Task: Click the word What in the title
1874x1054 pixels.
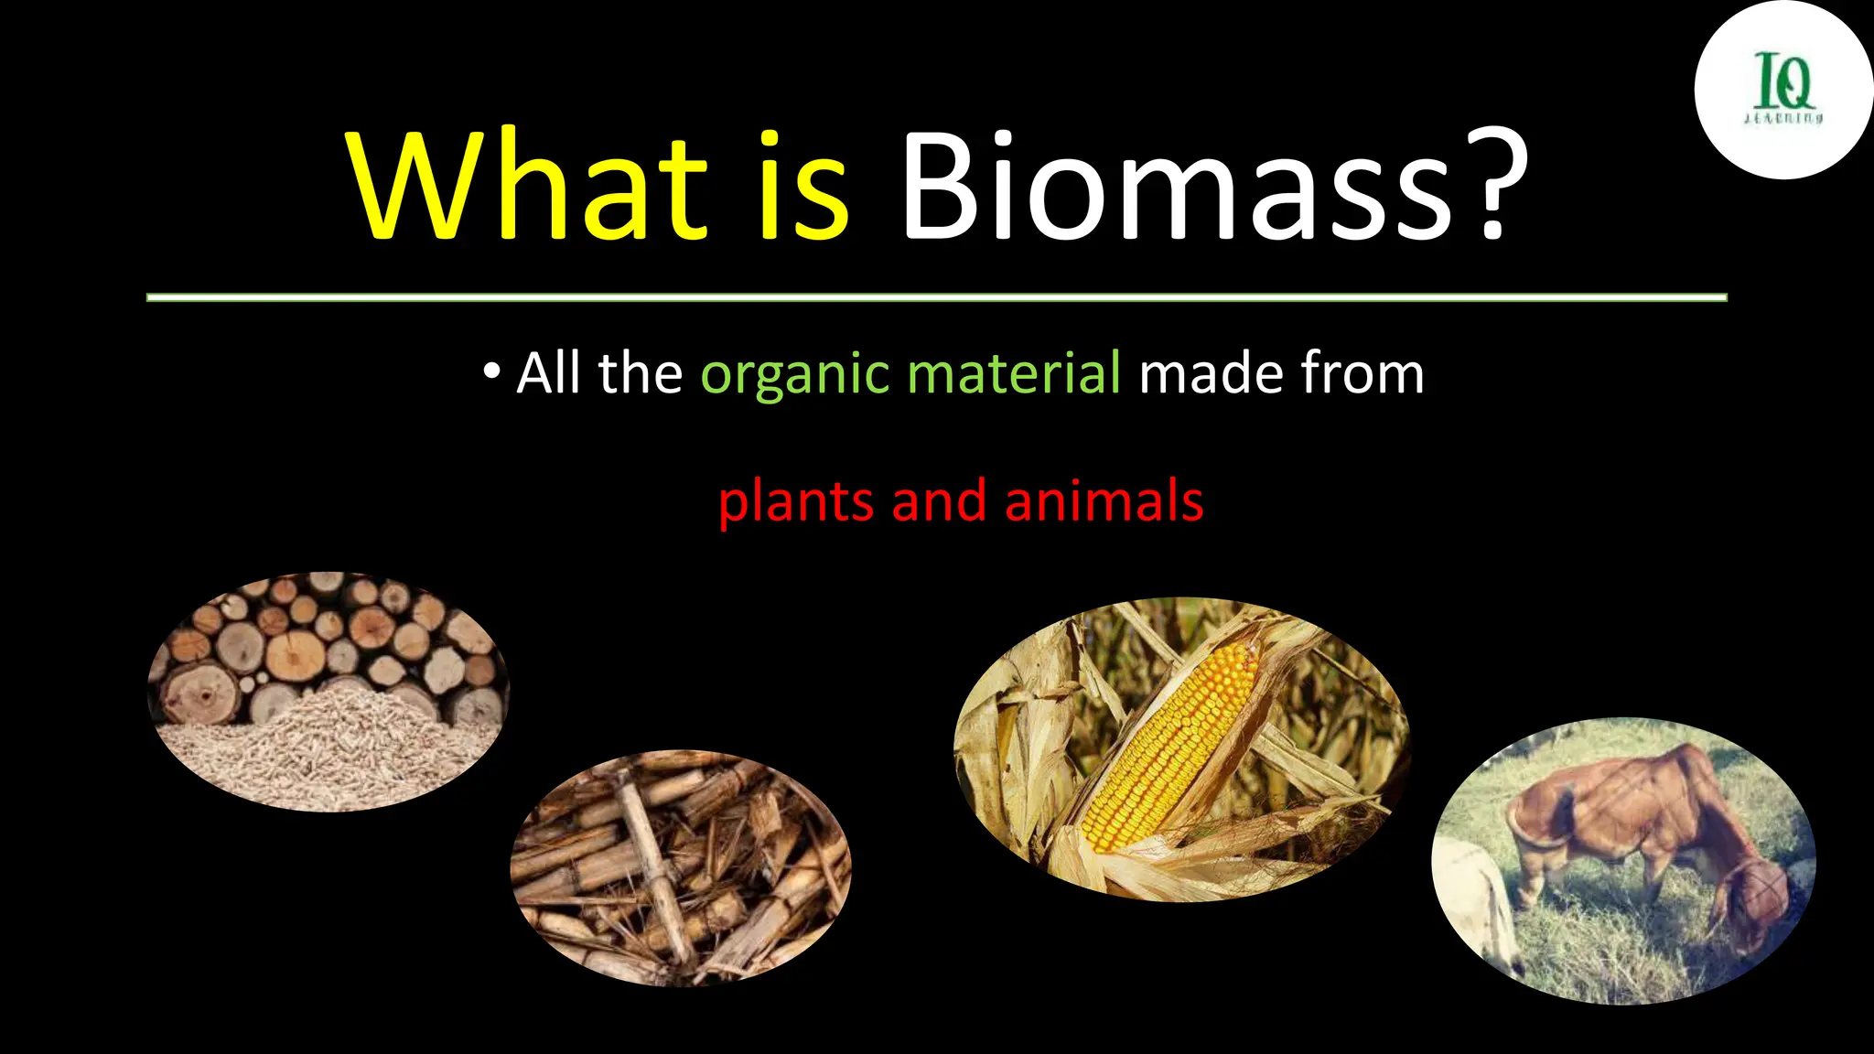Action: pyautogui.click(x=526, y=188)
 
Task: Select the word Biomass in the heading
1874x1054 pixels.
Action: pyautogui.click(x=1176, y=188)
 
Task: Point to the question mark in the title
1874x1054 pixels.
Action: pyautogui.click(x=1499, y=188)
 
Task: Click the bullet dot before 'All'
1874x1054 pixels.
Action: pyautogui.click(x=492, y=371)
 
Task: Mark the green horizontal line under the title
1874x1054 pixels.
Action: pyautogui.click(x=936, y=297)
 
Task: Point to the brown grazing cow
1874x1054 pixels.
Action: pyautogui.click(x=1638, y=823)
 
